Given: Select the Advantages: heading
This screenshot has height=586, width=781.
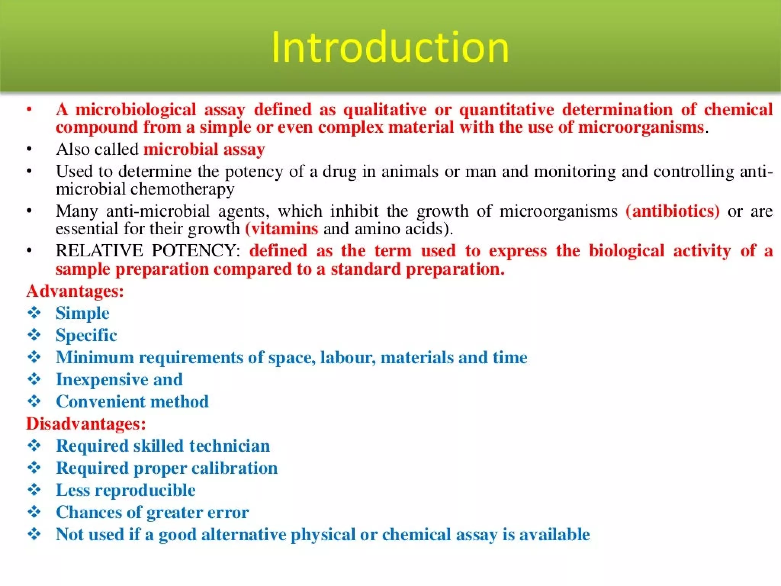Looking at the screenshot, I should point(75,291).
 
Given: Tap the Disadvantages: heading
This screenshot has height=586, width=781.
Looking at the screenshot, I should point(86,424).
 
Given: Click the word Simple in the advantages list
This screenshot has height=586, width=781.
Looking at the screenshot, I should point(82,313).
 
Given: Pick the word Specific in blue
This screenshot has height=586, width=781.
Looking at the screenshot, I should point(86,335).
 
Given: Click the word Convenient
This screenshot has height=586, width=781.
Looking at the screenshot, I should point(96,402).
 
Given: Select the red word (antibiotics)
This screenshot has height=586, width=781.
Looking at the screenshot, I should point(672,211).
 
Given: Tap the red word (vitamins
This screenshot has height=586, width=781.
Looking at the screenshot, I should point(281,229).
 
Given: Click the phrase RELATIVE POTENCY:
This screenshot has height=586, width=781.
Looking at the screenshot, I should point(148,251).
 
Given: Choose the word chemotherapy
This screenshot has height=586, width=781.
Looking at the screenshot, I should point(182,189).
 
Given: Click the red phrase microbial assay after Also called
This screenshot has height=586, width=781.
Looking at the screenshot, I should point(204,149).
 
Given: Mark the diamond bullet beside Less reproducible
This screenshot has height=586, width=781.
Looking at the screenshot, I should point(34,490).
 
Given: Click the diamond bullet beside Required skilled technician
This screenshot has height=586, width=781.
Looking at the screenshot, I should point(34,446).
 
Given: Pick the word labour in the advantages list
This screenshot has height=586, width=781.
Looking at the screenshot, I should point(347,357).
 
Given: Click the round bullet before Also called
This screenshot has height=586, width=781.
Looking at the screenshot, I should point(29,150).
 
